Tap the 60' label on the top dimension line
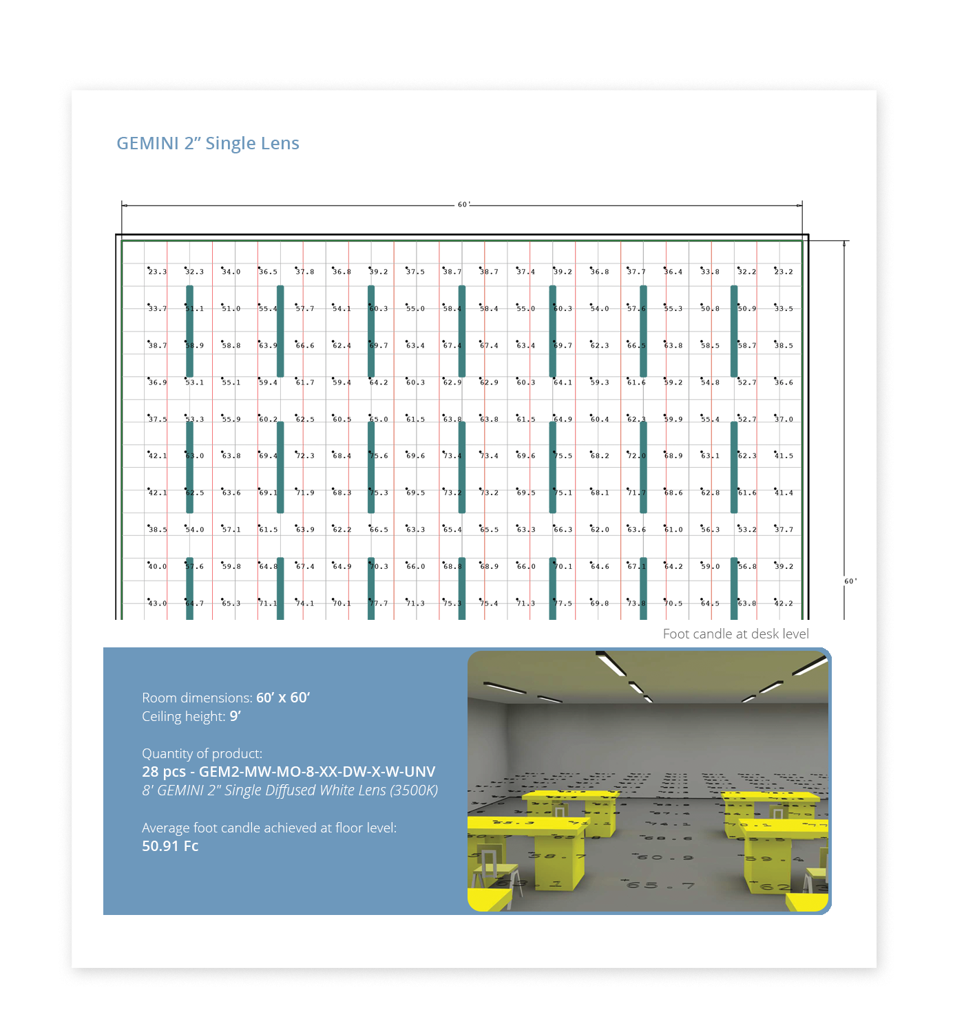(463, 205)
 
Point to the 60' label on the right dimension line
(850, 581)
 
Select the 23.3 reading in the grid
(158, 272)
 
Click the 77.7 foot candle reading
(379, 603)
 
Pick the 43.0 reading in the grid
(158, 603)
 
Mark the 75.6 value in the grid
(379, 456)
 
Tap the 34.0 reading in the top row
(231, 272)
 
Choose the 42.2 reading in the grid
(784, 603)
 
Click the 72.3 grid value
(305, 456)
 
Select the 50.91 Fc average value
(170, 846)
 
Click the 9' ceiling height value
(235, 716)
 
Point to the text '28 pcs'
(164, 772)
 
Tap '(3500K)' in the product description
(414, 790)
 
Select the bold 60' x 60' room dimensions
(283, 698)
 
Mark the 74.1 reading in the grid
(305, 603)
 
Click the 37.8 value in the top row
(305, 272)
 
